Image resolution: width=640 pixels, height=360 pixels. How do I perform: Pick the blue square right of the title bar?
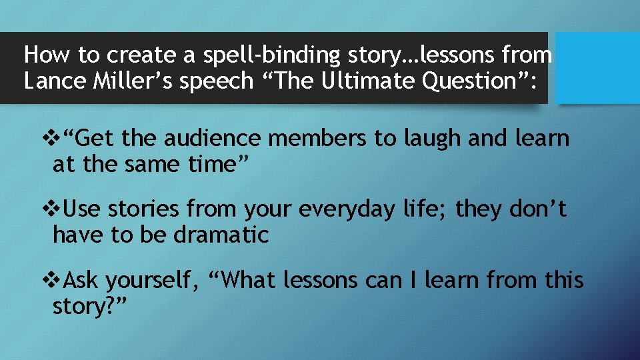(597, 67)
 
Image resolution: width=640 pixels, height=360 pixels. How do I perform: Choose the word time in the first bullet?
(211, 163)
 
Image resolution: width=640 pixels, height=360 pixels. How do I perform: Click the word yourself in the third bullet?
(151, 281)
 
